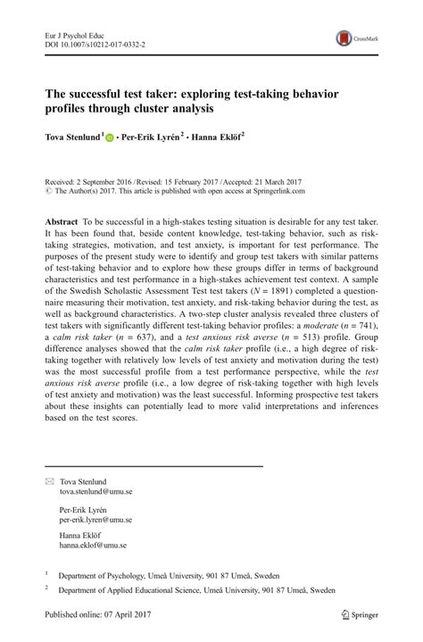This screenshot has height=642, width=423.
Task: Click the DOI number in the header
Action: click(x=95, y=43)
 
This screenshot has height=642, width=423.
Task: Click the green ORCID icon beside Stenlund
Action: click(x=110, y=139)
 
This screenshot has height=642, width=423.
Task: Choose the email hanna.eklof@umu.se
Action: click(x=93, y=544)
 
